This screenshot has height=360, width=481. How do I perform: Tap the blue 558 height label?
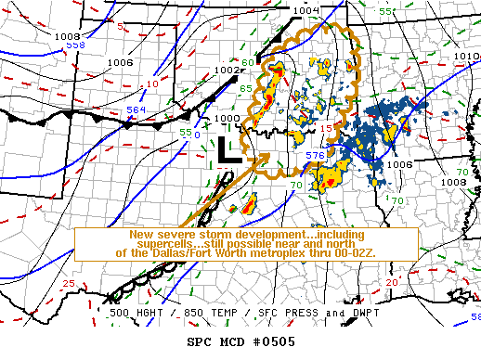coord(75,45)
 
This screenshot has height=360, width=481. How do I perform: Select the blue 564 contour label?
coord(136,110)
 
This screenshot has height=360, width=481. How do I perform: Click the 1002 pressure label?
coord(226,68)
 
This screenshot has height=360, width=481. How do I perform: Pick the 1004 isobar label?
coord(305,10)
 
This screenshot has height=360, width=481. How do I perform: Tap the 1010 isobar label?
coord(467,57)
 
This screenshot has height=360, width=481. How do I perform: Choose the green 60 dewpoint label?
coord(247,63)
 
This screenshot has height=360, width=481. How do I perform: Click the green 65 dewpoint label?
coord(247,88)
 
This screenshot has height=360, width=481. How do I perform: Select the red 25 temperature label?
coord(69,283)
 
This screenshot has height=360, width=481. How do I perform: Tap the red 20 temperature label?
coord(393,281)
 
